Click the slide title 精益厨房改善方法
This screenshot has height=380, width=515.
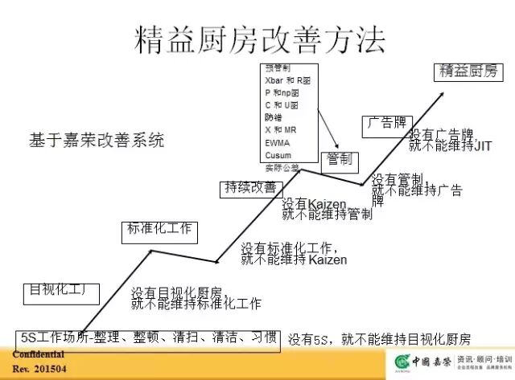pyautogui.click(x=257, y=39)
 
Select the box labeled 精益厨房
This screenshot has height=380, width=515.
pyautogui.click(x=468, y=72)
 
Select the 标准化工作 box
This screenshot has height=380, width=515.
pyautogui.click(x=159, y=229)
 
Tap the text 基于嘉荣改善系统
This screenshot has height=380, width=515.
pyautogui.click(x=97, y=140)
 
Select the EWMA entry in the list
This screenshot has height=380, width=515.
pyautogui.click(x=277, y=142)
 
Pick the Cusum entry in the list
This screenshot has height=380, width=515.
pyautogui.click(x=278, y=154)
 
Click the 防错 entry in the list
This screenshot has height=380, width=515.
pyautogui.click(x=274, y=117)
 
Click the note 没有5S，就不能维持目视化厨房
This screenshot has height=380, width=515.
pyautogui.click(x=379, y=339)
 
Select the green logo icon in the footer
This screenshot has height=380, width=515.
pyautogui.click(x=401, y=362)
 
